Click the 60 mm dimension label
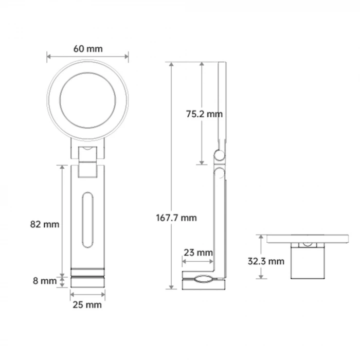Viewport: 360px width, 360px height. pos(88,49)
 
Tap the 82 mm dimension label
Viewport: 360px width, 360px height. pos(45,224)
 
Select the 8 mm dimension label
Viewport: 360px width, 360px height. pos(45,281)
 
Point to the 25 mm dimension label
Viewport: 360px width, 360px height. pos(87,304)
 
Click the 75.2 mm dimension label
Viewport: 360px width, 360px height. pos(204,114)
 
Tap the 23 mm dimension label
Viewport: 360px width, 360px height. pos(197,253)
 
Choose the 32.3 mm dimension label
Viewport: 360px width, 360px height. pos(265,261)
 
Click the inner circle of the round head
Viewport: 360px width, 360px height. pos(88,100)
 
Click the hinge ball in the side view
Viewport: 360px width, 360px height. pos(220,155)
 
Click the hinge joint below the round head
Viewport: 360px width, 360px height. pos(88,152)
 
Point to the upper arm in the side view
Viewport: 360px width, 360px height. pos(222,103)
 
